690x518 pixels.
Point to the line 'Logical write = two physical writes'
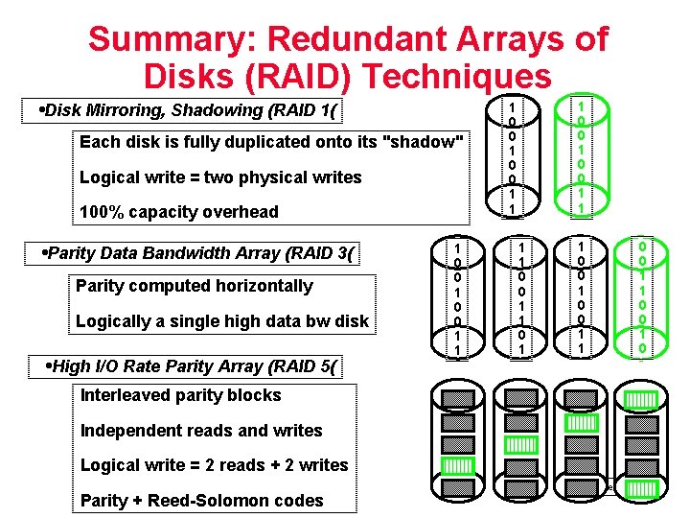[x=220, y=177]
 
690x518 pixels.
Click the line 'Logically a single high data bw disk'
[x=221, y=321]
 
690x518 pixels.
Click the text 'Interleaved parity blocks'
[x=180, y=395]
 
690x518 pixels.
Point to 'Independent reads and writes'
[x=201, y=431]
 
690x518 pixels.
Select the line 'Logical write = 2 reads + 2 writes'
[x=214, y=465]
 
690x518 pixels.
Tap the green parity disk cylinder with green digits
[x=642, y=297]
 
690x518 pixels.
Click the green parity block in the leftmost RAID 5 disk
[x=458, y=467]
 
